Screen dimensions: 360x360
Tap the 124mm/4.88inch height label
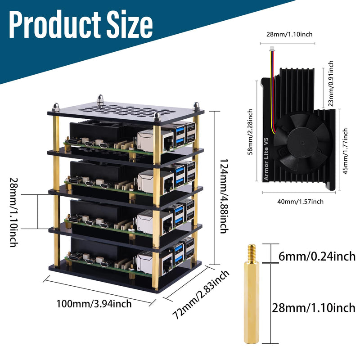pyautogui.click(x=222, y=195)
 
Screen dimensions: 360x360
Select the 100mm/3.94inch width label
pyautogui.click(x=94, y=304)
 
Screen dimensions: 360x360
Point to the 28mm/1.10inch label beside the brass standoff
pyautogui.click(x=313, y=308)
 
